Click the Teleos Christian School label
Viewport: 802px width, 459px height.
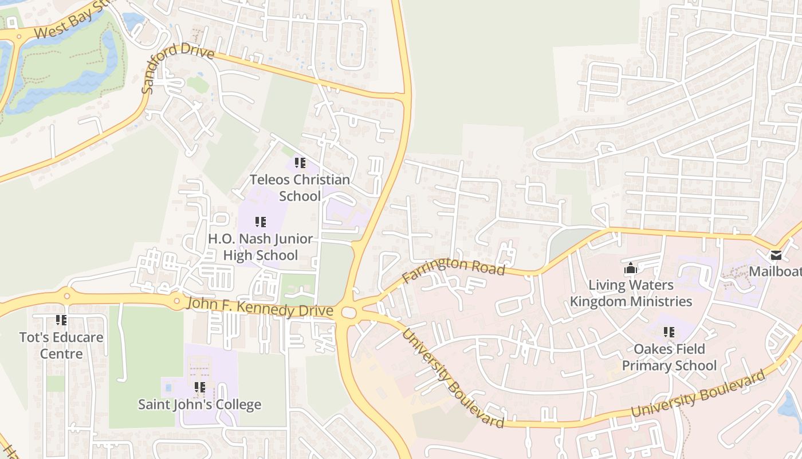point(300,188)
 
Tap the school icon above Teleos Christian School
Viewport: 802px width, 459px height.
point(300,163)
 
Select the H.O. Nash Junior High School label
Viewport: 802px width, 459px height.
point(261,247)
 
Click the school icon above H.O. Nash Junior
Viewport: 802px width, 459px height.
point(261,221)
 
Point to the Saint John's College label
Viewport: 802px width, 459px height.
point(199,404)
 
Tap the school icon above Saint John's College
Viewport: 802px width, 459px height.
point(199,387)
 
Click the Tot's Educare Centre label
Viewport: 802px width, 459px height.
point(61,345)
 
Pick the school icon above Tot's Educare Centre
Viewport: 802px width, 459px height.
point(61,320)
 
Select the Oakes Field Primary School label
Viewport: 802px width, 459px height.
point(669,357)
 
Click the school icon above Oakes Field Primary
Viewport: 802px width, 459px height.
point(669,332)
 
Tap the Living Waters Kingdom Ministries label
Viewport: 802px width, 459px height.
point(631,293)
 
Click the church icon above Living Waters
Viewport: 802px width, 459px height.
point(631,268)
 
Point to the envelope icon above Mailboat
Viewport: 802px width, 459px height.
point(776,255)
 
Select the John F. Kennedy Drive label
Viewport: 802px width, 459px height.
point(260,306)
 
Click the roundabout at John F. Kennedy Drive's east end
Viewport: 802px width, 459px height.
point(348,313)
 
